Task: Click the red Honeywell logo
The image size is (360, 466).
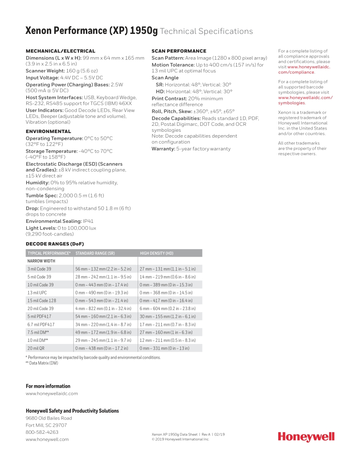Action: click(306, 437)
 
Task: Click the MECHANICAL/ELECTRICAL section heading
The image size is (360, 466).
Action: click(61, 51)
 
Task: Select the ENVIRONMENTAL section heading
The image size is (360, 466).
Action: click(48, 131)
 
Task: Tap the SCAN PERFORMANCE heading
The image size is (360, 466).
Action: click(179, 51)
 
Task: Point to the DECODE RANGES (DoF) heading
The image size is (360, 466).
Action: click(55, 244)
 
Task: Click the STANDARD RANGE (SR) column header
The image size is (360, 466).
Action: click(95, 253)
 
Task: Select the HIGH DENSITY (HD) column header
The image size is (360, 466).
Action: click(156, 253)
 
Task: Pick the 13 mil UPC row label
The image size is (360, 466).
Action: click(37, 293)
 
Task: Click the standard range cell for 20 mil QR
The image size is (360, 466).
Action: click(102, 348)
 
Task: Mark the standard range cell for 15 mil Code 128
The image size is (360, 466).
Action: click(102, 301)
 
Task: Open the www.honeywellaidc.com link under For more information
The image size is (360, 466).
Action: click(52, 394)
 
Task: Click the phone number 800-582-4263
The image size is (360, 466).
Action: click(42, 432)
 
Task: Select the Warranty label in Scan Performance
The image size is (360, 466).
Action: click(163, 149)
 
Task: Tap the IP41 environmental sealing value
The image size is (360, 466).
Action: click(88, 221)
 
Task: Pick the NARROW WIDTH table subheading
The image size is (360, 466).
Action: click(41, 261)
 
